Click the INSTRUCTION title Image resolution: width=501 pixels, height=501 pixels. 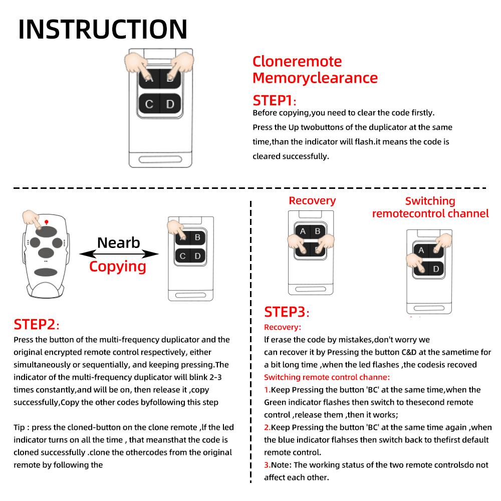pyautogui.click(x=103, y=29)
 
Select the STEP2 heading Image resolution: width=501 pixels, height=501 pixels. pyautogui.click(x=36, y=325)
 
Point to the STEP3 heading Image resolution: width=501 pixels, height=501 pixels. pyautogui.click(x=286, y=312)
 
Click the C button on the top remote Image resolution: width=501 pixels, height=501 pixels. pyautogui.click(x=149, y=104)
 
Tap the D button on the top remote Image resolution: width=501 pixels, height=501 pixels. pyautogui.click(x=170, y=104)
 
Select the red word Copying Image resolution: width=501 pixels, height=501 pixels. pyautogui.click(x=118, y=266)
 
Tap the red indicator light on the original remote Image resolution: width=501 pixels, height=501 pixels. pyautogui.click(x=46, y=221)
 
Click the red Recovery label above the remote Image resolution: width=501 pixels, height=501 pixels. pyautogui.click(x=312, y=200)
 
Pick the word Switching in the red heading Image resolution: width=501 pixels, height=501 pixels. pyautogui.click(x=430, y=201)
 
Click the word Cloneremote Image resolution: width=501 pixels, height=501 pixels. pyautogui.click(x=297, y=62)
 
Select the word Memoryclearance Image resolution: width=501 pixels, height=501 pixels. pyautogui.click(x=315, y=78)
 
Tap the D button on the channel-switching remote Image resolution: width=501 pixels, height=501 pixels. pyautogui.click(x=436, y=269)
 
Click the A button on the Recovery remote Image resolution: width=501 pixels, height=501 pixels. pyautogui.click(x=303, y=231)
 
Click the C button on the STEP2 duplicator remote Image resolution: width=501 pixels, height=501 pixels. pyautogui.click(x=183, y=256)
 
